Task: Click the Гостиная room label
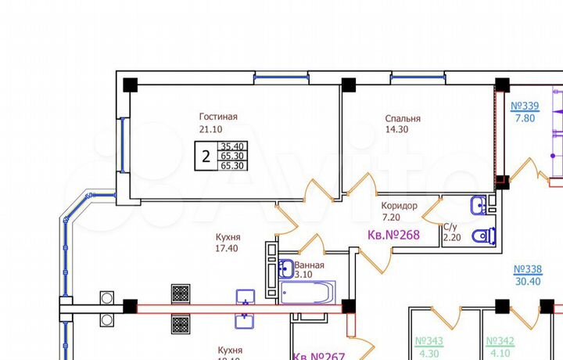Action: [217, 117]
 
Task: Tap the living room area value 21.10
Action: [211, 130]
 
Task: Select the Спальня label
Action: [403, 119]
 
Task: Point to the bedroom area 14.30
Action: [396, 131]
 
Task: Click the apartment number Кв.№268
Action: [395, 235]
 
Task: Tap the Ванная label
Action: [309, 265]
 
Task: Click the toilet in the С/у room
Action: [487, 235]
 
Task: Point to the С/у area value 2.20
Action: [453, 237]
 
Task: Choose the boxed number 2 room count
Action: [206, 156]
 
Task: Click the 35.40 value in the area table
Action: [231, 146]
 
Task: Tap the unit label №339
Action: [525, 106]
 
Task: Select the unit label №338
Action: [527, 269]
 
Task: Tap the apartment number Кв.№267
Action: [319, 356]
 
